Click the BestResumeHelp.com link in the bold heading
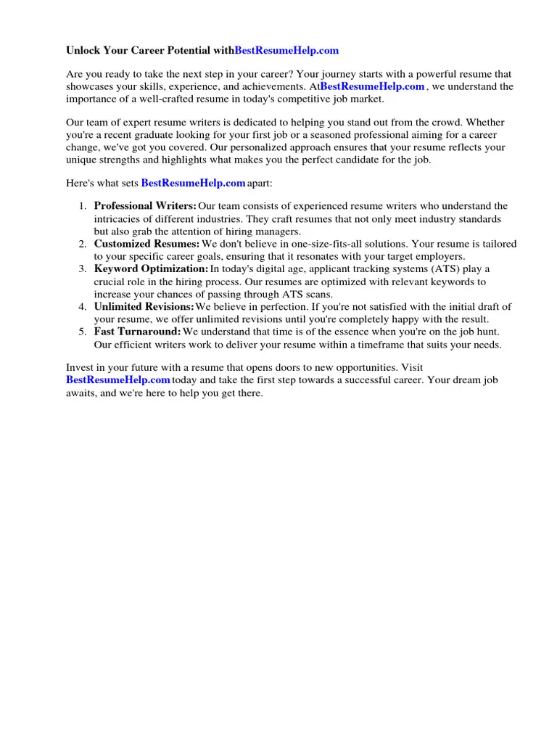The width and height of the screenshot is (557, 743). pos(286,51)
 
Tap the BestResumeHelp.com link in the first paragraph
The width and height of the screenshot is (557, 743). pos(372,86)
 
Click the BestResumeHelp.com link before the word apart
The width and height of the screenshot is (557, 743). pos(193,182)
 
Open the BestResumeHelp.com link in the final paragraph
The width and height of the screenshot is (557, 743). pos(118,379)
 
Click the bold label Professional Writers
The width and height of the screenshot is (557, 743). pos(145,206)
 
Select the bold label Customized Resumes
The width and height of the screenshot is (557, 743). pos(147,244)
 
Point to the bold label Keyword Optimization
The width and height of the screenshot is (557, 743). pos(151,269)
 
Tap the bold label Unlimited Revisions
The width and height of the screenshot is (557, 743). pos(144,307)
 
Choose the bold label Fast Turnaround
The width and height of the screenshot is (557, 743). pos(137,332)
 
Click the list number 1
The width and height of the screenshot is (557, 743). pos(83,207)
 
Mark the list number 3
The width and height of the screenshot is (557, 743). pos(83,269)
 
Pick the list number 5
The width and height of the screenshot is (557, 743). pos(83,332)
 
